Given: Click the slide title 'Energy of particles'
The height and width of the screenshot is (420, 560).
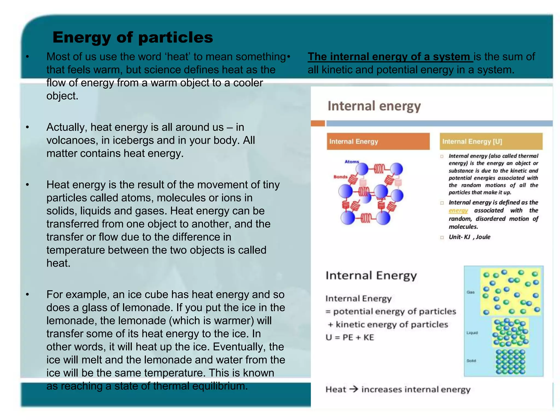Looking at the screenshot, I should point(133,37).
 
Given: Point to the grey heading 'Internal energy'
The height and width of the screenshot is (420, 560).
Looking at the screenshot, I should point(374,106).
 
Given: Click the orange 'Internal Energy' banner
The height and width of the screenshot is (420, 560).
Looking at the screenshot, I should point(378,141).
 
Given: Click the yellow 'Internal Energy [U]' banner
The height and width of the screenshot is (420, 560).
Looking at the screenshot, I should point(491,141).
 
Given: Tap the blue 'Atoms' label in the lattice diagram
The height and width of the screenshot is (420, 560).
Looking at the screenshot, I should point(352,162).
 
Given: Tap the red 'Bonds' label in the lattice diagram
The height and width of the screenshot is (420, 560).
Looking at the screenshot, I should point(340,177).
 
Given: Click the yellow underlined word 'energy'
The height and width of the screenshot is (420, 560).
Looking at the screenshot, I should point(458,211).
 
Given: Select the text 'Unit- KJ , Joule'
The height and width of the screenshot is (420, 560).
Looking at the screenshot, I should point(469,237).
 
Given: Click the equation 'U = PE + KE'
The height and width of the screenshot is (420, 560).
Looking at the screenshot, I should point(349,337).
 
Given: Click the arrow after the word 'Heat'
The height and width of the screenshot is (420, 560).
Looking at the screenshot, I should point(354,389).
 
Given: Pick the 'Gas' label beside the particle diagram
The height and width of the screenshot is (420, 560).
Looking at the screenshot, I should point(470,292).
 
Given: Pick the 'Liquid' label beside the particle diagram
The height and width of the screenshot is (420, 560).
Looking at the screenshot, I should point(472,333).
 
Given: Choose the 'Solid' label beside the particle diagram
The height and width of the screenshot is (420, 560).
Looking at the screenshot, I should point(471,361).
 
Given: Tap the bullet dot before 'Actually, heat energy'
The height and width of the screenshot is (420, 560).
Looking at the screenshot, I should point(27,127).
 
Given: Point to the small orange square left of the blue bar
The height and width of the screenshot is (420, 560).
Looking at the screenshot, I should point(318,124).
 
